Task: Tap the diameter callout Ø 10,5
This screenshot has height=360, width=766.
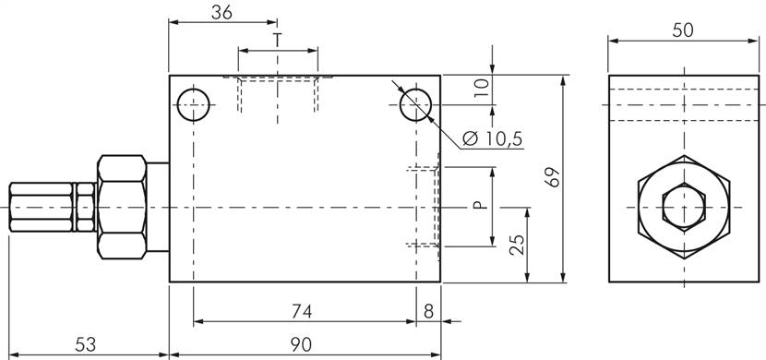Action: click(491, 138)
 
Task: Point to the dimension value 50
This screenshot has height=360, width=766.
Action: click(682, 30)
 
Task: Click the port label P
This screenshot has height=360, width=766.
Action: click(478, 204)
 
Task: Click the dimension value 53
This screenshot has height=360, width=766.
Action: click(85, 343)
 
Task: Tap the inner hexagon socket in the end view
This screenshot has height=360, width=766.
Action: click(682, 205)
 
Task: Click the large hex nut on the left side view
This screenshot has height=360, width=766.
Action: click(122, 207)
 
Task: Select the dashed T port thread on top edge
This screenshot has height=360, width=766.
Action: click(278, 92)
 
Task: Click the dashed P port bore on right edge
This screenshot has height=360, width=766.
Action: click(423, 207)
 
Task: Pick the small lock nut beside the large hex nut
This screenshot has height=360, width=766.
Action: click(86, 207)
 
